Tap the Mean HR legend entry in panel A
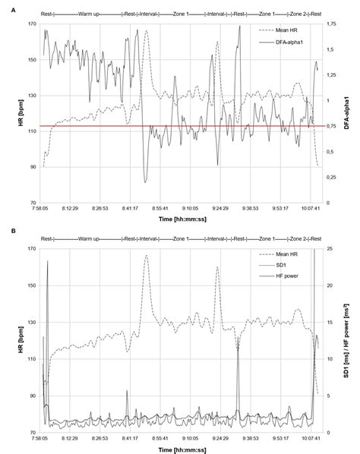(x=284, y=31)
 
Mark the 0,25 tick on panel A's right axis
(x=331, y=177)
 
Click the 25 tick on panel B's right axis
(x=329, y=249)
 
